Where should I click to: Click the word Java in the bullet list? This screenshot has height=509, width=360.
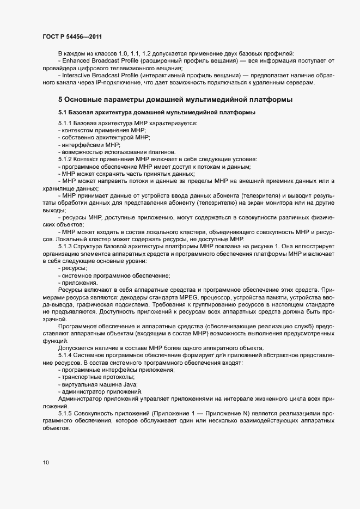[128, 384]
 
